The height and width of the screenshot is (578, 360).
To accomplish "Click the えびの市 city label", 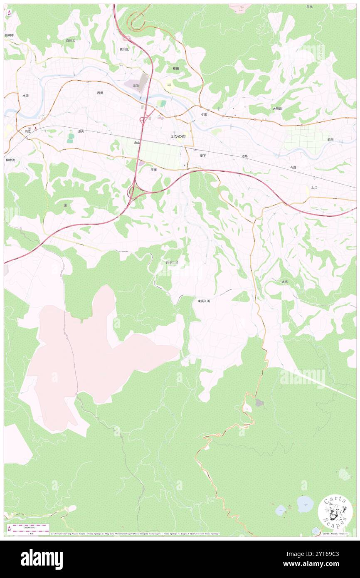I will [178, 136].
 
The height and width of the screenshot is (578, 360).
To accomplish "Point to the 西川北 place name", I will [70, 40].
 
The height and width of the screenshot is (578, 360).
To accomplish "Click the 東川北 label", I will [124, 49].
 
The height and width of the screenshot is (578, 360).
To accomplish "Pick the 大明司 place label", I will [277, 109].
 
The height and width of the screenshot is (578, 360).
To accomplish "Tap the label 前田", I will [330, 140].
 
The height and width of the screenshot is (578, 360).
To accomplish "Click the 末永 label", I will [285, 282].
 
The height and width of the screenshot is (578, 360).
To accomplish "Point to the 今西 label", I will [293, 167].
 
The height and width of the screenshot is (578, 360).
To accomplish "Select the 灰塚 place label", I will [154, 170].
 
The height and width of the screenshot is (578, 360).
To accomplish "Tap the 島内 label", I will [81, 131].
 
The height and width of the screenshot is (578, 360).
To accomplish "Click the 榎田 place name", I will [176, 69].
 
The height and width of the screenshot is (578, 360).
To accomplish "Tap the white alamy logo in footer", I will [42, 559].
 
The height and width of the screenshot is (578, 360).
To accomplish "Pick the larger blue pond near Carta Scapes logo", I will [305, 504].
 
